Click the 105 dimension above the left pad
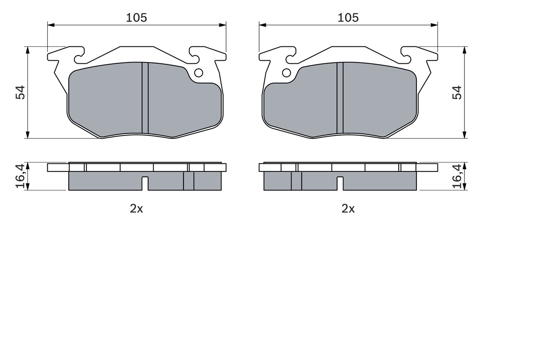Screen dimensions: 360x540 pyautogui.click(x=136, y=18)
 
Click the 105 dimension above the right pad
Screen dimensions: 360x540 pyautogui.click(x=348, y=18)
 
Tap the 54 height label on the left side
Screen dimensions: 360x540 pyautogui.click(x=20, y=92)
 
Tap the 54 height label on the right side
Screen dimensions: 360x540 pyautogui.click(x=457, y=92)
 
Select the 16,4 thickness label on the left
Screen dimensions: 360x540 pyautogui.click(x=20, y=176)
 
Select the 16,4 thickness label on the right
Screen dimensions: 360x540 pyautogui.click(x=457, y=176)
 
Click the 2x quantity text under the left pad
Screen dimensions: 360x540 pyautogui.click(x=136, y=208)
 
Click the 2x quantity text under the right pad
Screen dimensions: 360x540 pyautogui.click(x=348, y=208)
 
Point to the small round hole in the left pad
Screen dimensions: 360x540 pyautogui.click(x=198, y=73)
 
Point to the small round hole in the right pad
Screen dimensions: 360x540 pyautogui.click(x=286, y=73)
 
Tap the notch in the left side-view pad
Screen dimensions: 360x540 pyautogui.click(x=145, y=183)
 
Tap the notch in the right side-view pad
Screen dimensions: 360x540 pyautogui.click(x=340, y=183)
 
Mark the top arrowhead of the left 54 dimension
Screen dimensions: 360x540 pyautogui.click(x=28, y=50)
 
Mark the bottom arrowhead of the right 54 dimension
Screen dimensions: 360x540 pyautogui.click(x=464, y=135)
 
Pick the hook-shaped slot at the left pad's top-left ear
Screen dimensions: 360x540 pyautogui.click(x=78, y=58)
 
